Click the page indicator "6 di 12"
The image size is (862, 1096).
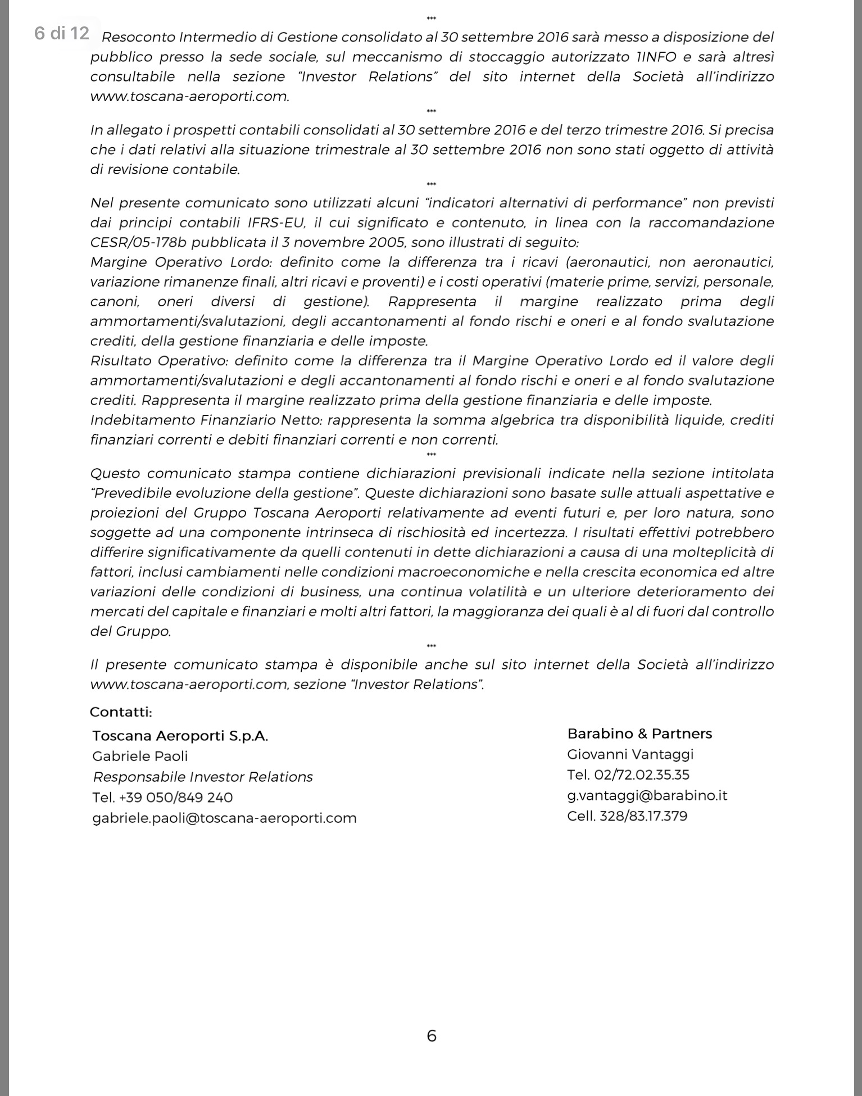[x=62, y=34]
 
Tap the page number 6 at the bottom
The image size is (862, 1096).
[x=432, y=1035]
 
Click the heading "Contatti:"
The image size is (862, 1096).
[x=121, y=712]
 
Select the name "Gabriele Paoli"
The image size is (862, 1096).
[x=140, y=756]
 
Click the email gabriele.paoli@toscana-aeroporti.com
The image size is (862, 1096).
[x=224, y=818]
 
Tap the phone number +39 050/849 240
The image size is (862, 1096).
[x=176, y=798]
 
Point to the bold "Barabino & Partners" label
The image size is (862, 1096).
[x=639, y=733]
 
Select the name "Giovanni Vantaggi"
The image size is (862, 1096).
[x=630, y=754]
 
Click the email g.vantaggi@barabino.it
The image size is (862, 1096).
[x=647, y=795]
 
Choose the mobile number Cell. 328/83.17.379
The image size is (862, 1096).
[x=627, y=816]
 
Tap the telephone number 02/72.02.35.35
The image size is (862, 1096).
[x=641, y=775]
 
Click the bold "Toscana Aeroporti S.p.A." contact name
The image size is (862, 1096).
[x=180, y=736]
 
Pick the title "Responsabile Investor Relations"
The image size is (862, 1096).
[x=203, y=777]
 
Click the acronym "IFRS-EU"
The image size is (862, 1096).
[x=276, y=223]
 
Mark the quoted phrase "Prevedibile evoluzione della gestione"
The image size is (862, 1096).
[x=225, y=493]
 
